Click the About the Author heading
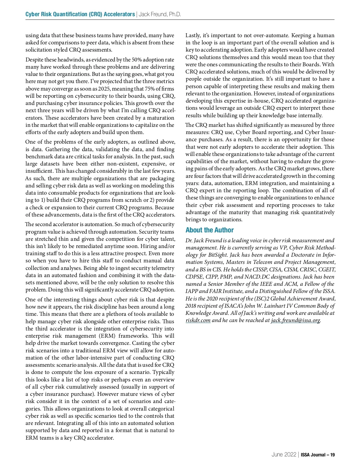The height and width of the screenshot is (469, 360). click(x=209, y=230)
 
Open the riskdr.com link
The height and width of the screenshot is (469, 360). click(x=198, y=321)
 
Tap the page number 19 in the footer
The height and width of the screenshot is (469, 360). click(x=332, y=455)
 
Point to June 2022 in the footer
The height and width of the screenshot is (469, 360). click(x=283, y=455)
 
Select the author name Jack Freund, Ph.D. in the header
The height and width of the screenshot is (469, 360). click(x=160, y=14)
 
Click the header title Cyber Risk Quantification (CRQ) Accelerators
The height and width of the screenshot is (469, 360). click(x=80, y=14)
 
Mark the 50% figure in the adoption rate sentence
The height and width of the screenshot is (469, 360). click(x=137, y=60)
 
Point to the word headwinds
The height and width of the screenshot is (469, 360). click(x=68, y=60)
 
